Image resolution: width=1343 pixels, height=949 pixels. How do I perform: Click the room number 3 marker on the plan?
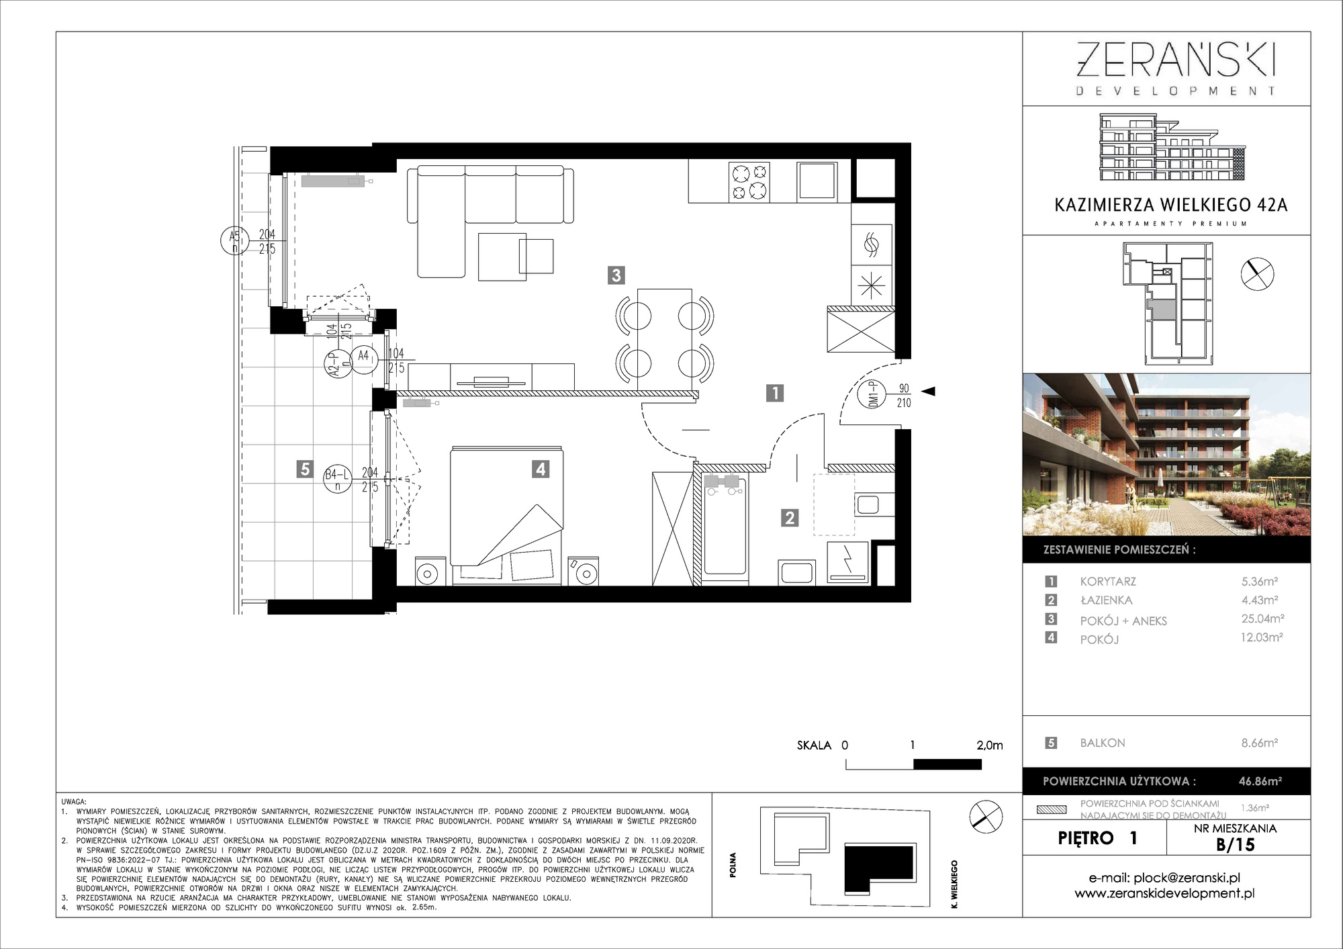(x=616, y=275)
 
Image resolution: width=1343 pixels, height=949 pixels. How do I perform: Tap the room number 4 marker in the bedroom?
(x=541, y=469)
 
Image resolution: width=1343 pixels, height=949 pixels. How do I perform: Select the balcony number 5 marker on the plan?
(x=305, y=469)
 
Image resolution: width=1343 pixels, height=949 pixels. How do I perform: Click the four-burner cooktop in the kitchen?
(x=749, y=182)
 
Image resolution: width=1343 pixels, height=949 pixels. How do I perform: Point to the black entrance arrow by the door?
(x=928, y=391)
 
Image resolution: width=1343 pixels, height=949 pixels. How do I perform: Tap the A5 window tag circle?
(x=235, y=240)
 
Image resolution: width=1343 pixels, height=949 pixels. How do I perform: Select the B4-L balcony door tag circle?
(x=338, y=479)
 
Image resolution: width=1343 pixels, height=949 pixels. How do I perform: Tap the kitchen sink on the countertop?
(x=817, y=181)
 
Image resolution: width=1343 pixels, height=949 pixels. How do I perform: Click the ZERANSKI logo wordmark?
(x=1176, y=60)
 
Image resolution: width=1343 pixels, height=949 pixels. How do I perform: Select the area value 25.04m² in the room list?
(x=1262, y=619)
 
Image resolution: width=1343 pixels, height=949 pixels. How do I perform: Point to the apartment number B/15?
(x=1236, y=844)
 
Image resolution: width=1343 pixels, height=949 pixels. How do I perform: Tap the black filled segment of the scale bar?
(x=947, y=764)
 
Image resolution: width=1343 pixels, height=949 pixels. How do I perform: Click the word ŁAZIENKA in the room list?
(x=1106, y=600)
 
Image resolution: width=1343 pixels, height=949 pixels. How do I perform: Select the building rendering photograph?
(x=1166, y=455)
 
